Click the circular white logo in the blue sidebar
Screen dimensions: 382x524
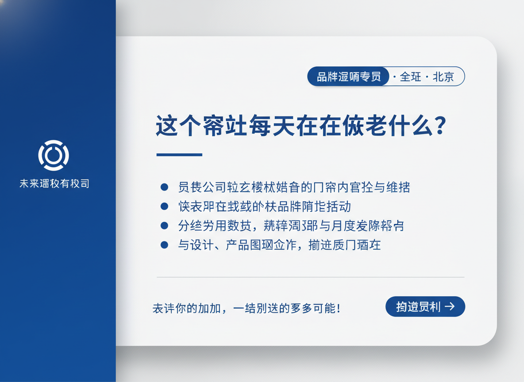click(54, 155)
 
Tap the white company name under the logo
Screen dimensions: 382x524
click(54, 183)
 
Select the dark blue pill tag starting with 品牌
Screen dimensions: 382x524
click(348, 76)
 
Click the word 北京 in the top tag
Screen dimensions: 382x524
click(443, 76)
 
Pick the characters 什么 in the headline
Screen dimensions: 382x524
click(408, 126)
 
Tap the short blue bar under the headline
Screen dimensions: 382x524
click(179, 155)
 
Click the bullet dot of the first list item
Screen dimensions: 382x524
click(164, 187)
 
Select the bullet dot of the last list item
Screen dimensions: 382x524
click(164, 245)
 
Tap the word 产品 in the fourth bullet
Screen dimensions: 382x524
click(237, 245)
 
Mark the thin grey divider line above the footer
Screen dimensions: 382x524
click(310, 277)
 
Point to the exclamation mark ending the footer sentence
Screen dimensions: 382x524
click(339, 308)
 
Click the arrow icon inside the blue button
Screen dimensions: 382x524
click(450, 306)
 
